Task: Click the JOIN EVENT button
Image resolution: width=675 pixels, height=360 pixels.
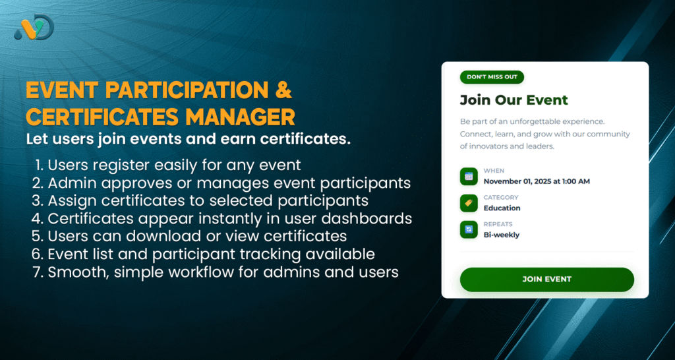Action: click(546, 279)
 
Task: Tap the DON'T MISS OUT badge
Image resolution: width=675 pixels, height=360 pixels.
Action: click(491, 77)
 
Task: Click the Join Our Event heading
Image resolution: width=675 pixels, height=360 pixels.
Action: click(514, 100)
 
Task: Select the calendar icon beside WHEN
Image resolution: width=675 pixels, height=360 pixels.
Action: click(469, 176)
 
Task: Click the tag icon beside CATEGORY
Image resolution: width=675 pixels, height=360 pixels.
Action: click(469, 203)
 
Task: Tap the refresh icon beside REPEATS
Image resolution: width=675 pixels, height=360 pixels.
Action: click(469, 229)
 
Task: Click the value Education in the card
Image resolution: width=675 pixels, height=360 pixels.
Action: click(502, 208)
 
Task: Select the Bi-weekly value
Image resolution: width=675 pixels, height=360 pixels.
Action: click(501, 235)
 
